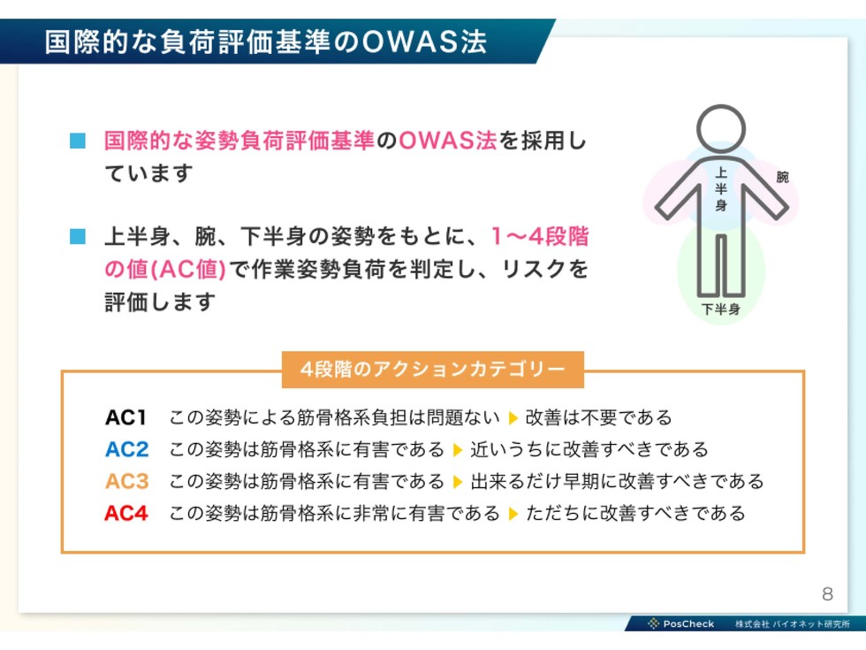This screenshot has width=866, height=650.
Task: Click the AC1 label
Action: pyautogui.click(x=125, y=417)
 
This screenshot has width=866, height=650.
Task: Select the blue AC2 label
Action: pyautogui.click(x=126, y=449)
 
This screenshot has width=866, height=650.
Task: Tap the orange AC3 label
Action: pyautogui.click(x=126, y=481)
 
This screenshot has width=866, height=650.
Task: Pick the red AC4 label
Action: pyautogui.click(x=126, y=514)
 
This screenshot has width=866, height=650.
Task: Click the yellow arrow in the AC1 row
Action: pyautogui.click(x=513, y=417)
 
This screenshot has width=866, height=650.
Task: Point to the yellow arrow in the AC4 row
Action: pyautogui.click(x=513, y=514)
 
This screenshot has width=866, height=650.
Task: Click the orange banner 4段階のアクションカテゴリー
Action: pyautogui.click(x=432, y=370)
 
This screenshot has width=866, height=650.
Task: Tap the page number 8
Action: pyautogui.click(x=827, y=593)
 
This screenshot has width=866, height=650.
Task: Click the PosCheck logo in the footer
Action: pyautogui.click(x=681, y=623)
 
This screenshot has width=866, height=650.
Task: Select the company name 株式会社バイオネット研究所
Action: pyautogui.click(x=793, y=624)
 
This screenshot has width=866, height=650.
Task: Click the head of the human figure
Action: pyautogui.click(x=721, y=129)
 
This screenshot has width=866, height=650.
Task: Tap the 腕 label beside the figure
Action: pyautogui.click(x=783, y=177)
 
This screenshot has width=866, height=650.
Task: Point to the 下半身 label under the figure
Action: pyautogui.click(x=721, y=309)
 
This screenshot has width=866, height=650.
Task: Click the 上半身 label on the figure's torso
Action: pyautogui.click(x=721, y=189)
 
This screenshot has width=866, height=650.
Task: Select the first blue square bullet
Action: pyautogui.click(x=78, y=141)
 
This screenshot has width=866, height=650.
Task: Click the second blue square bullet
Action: pyautogui.click(x=78, y=236)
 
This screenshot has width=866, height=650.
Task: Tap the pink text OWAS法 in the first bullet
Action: pyautogui.click(x=447, y=141)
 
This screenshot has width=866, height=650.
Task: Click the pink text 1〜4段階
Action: pyautogui.click(x=540, y=236)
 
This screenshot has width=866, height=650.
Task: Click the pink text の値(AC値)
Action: pyautogui.click(x=165, y=269)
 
